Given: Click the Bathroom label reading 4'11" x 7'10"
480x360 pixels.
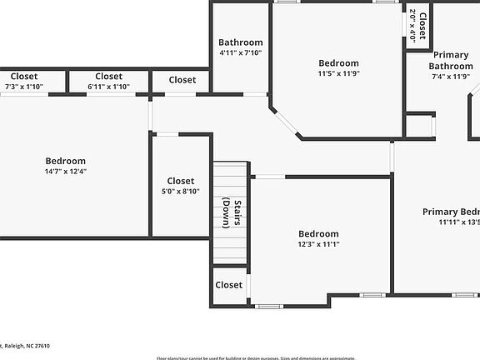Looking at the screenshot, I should [240, 42].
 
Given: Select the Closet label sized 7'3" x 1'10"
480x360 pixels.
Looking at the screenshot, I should [23, 77].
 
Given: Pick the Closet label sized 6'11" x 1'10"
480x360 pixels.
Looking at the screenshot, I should [108, 77].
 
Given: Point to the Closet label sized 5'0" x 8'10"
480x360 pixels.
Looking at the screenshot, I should [180, 181].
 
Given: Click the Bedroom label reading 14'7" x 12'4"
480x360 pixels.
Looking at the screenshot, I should [65, 161].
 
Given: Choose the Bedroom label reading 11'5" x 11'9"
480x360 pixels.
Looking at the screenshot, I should [338, 63].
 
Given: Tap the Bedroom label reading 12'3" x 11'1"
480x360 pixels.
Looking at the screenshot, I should [318, 234].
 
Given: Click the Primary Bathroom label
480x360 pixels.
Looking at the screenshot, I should [450, 61].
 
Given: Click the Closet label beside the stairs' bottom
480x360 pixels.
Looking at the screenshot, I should [228, 285].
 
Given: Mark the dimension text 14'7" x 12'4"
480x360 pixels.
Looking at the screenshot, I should [65, 171].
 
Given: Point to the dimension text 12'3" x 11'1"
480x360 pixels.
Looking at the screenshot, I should [318, 244].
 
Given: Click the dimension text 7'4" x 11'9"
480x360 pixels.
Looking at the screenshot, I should [450, 77].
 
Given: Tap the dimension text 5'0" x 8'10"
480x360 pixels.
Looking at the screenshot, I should [180, 191].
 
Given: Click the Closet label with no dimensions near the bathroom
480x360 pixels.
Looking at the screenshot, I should [182, 80].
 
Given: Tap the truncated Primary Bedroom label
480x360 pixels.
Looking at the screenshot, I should [451, 212].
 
